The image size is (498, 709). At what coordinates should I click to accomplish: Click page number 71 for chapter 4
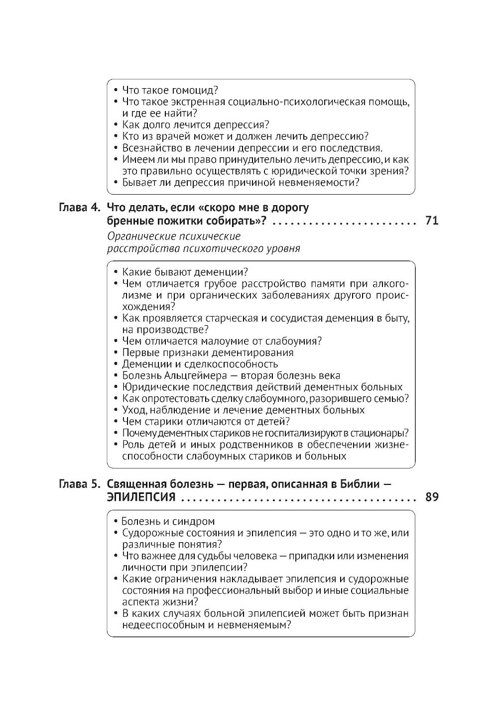point(432,220)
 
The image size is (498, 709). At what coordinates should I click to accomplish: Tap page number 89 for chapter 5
point(432,497)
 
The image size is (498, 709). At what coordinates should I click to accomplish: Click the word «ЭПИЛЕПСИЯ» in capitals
point(141,497)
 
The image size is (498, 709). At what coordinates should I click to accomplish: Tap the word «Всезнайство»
point(153,148)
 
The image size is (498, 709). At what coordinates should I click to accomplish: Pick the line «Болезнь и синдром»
point(168,521)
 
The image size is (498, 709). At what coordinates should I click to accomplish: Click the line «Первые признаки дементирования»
point(208,353)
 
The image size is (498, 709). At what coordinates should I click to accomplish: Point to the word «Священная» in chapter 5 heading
point(135,484)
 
